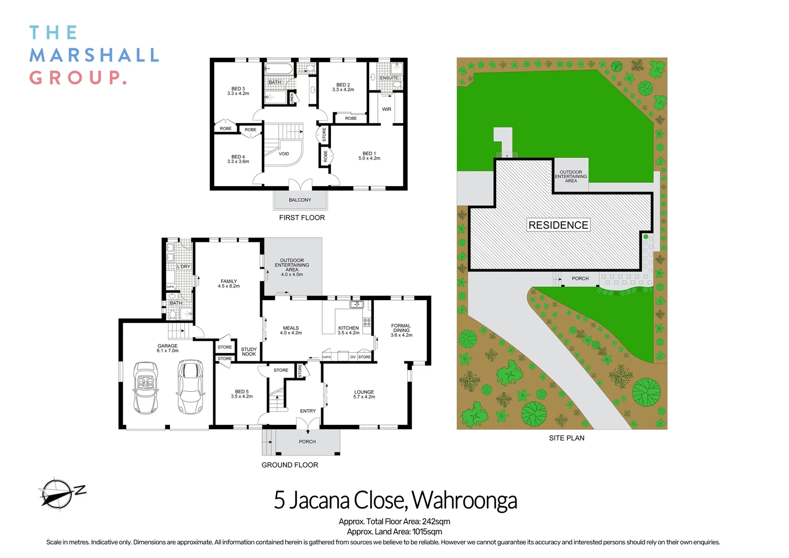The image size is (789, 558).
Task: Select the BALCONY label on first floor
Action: click(300, 200)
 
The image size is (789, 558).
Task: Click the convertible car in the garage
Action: click(146, 388)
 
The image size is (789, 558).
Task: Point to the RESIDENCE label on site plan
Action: click(558, 225)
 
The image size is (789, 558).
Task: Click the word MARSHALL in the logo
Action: click(94, 55)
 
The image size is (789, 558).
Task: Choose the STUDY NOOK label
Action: click(249, 352)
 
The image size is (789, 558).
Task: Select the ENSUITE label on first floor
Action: click(389, 78)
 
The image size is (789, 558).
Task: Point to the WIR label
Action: click(387, 110)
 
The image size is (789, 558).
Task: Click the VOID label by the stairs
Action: click(284, 154)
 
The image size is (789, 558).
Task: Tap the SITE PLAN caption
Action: click(566, 438)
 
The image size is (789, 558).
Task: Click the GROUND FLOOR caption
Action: click(290, 465)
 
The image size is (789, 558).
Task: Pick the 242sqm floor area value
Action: click(436, 522)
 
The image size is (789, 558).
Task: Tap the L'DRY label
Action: click(184, 267)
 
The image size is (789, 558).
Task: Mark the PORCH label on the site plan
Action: click(580, 278)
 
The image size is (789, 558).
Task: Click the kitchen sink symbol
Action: click(357, 305)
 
